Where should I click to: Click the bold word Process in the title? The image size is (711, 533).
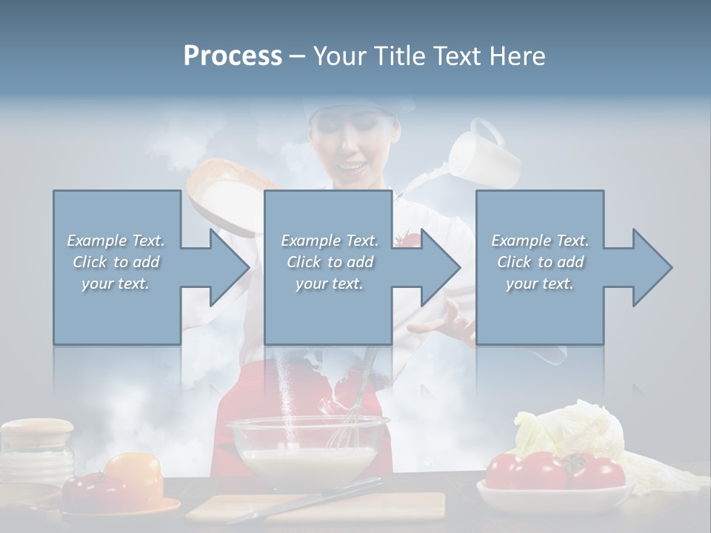click(233, 56)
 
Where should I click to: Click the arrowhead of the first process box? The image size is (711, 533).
click(225, 267)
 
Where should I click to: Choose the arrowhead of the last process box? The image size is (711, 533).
click(649, 267)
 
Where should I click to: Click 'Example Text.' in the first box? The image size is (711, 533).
click(116, 240)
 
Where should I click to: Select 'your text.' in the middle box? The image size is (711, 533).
click(329, 284)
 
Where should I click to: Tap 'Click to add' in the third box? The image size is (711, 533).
click(540, 262)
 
